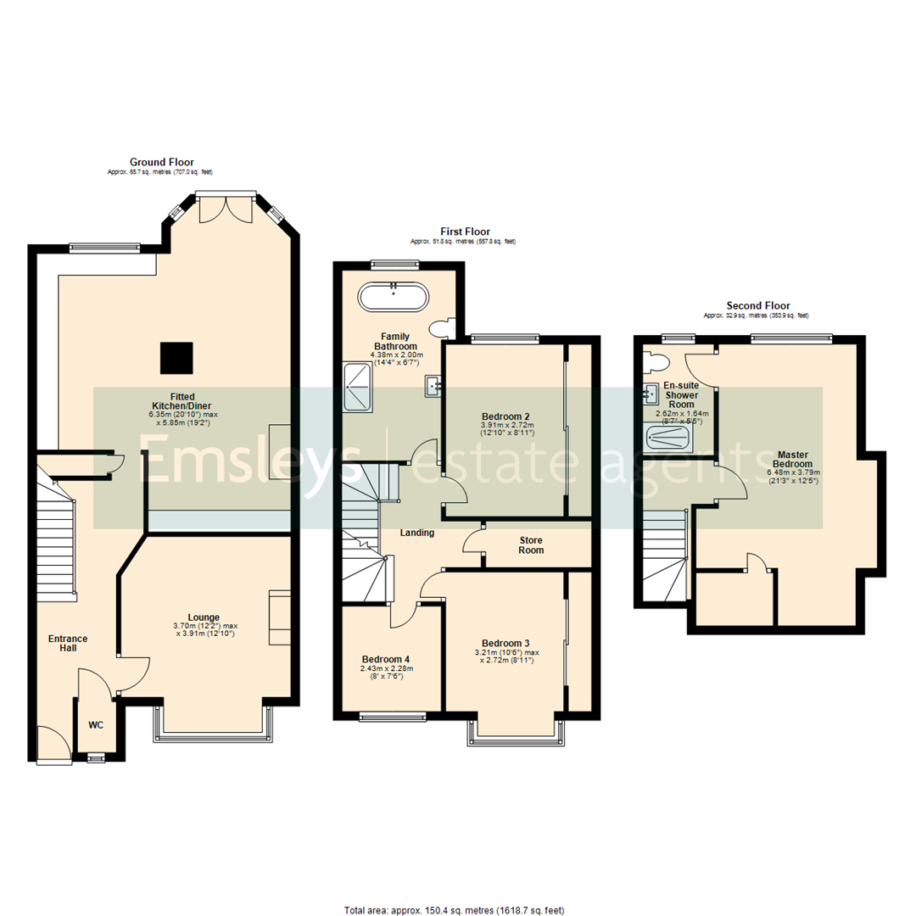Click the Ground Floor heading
pos(161,162)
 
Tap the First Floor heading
pos(464,232)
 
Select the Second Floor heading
pos(757,306)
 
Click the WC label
pos(98,726)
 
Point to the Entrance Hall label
pos(67,644)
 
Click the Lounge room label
pos(204,617)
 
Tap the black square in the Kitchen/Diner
pos(176,357)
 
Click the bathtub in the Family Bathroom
pos(394,298)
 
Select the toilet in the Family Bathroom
pos(442,328)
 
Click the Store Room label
pos(526,545)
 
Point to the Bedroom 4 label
pos(386,659)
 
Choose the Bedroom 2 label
pos(506,416)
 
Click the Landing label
pos(417,533)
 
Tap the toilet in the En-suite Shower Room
pos(655,362)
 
